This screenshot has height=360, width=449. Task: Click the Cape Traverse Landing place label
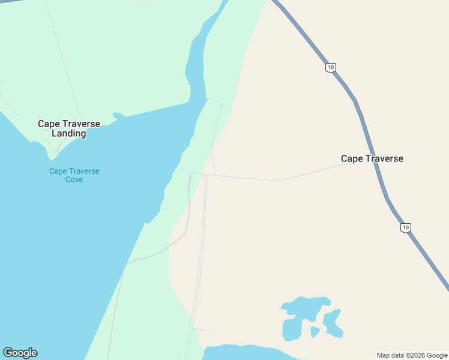(x=68, y=128)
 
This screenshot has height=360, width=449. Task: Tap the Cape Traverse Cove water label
(x=74, y=175)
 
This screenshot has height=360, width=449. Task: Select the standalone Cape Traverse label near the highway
(x=372, y=158)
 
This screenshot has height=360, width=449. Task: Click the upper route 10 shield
(x=331, y=67)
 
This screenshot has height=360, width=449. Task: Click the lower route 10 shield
(x=406, y=227)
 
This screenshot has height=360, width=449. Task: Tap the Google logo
(x=20, y=353)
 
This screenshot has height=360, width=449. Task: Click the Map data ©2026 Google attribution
(x=412, y=355)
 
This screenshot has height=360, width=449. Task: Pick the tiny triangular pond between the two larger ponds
(x=315, y=331)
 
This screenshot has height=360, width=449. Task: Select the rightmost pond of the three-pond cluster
(x=333, y=323)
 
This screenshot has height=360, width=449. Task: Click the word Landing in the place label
(x=68, y=133)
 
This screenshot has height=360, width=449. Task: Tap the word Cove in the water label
(x=74, y=179)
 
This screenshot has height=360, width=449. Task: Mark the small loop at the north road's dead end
(x=221, y=105)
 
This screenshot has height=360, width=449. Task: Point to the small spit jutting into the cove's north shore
(x=119, y=115)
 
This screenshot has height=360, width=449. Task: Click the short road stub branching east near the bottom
(x=203, y=329)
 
